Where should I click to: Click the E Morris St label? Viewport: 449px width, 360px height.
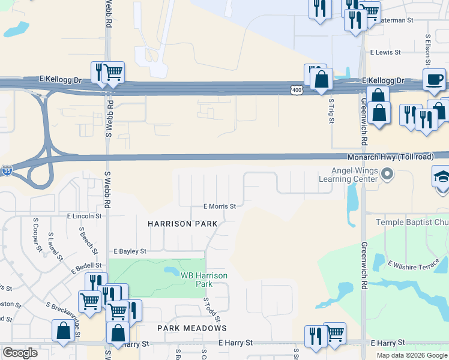coord(219,206)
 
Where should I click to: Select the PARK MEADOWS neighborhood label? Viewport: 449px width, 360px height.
coord(192,328)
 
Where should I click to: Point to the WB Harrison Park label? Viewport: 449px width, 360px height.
coord(204,279)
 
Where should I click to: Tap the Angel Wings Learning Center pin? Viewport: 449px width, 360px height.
coord(387,175)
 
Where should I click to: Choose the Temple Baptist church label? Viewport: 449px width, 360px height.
coord(412,223)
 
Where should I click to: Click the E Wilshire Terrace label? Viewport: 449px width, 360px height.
coord(414,263)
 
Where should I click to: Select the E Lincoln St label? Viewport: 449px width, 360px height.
coord(85,215)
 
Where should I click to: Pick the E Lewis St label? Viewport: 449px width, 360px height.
coord(385,53)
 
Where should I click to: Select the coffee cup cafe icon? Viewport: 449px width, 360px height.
coord(434,79)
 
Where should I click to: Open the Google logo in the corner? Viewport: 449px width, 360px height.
coord(20,352)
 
